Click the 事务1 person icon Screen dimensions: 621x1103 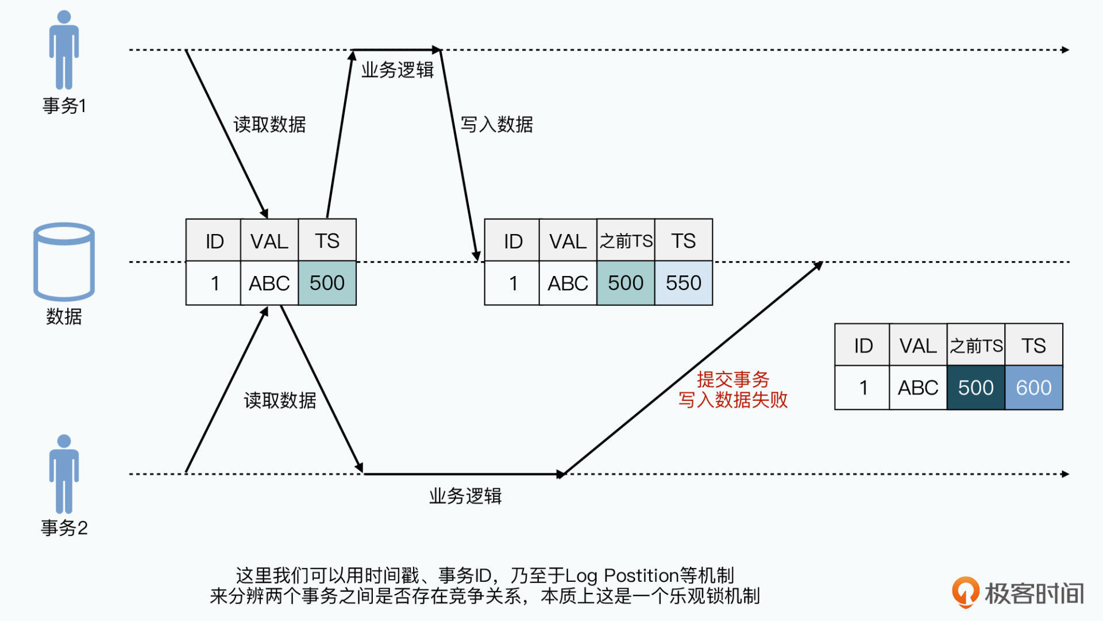coord(64,50)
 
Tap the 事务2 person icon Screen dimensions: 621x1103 coord(64,474)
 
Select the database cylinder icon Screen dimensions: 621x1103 coord(64,262)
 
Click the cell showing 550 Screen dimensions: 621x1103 coord(683,283)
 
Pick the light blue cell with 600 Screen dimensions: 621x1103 coord(1033,388)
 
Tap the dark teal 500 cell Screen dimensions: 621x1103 coord(975,388)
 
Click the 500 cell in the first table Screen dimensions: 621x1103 coord(327,283)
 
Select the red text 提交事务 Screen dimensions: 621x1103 coord(732,379)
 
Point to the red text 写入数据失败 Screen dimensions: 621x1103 coord(732,400)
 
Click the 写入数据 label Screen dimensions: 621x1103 coord(496,124)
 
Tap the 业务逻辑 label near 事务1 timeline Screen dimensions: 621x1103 coord(397,70)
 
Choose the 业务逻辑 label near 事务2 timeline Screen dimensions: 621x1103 coord(465,496)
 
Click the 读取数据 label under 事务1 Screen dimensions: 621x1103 coord(269,124)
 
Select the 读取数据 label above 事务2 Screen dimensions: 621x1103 coord(280,400)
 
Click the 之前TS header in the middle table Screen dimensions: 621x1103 coord(626,240)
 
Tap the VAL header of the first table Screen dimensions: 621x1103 coord(269,240)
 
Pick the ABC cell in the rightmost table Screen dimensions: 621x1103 coord(917,388)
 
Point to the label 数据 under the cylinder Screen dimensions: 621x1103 coord(64,316)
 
